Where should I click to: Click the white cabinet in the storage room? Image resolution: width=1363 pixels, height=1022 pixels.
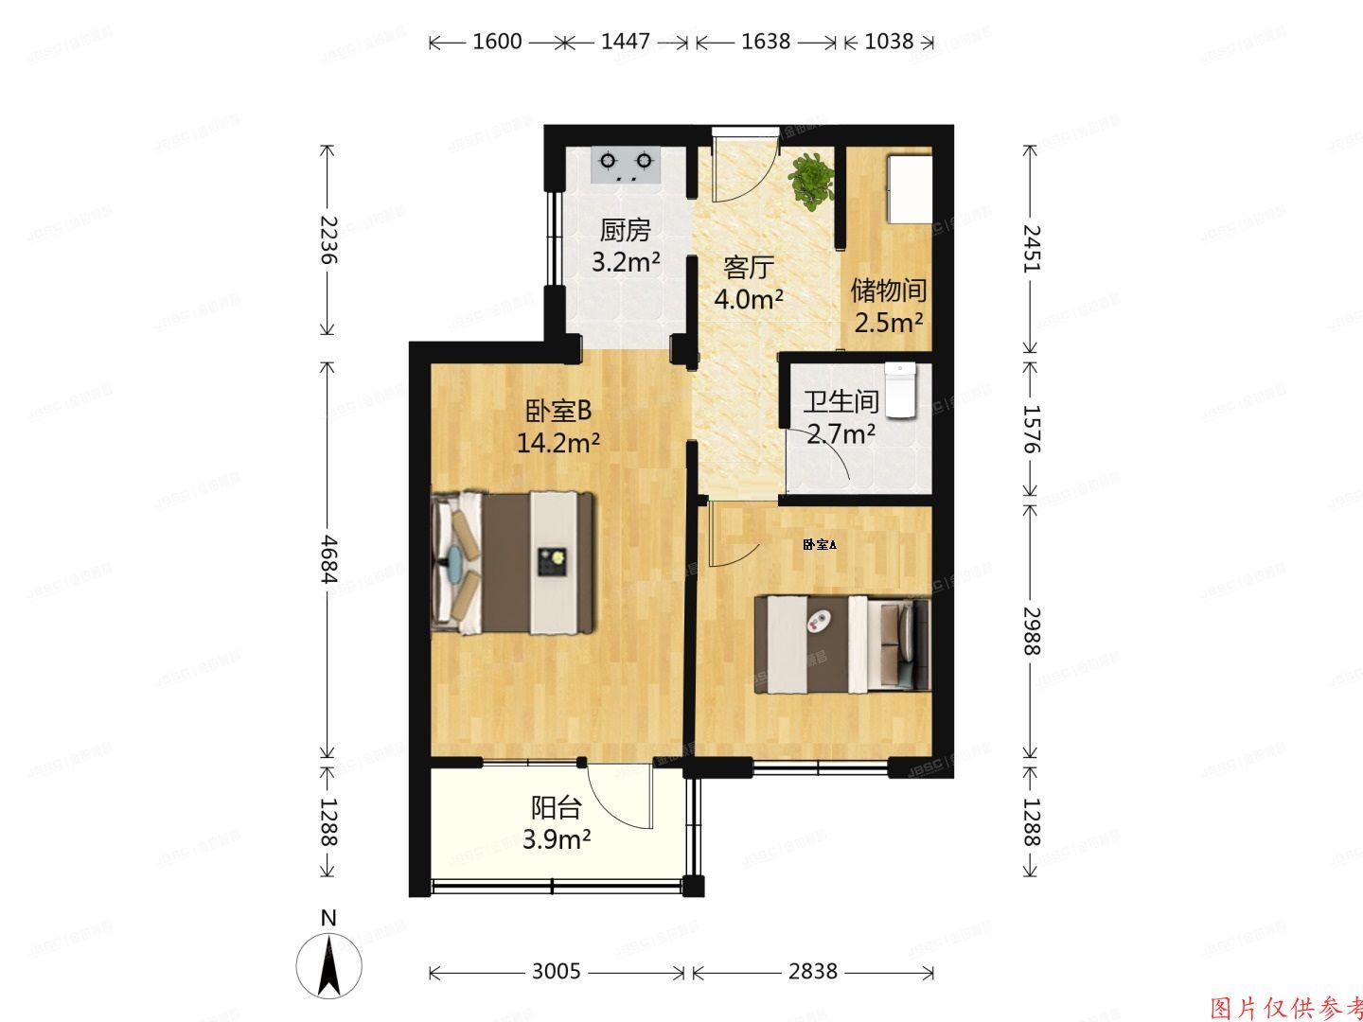(x=910, y=185)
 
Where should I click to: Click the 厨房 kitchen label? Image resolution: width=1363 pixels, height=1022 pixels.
(x=626, y=231)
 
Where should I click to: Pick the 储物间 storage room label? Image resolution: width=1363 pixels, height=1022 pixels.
(x=888, y=290)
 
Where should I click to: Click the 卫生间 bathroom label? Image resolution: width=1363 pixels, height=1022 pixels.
(x=841, y=402)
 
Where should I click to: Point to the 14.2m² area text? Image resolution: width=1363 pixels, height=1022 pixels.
(x=558, y=442)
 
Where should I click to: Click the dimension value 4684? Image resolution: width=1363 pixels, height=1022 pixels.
(x=327, y=560)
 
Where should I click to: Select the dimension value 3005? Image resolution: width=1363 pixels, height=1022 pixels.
(x=557, y=972)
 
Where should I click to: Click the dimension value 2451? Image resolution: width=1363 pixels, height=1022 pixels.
(x=1032, y=249)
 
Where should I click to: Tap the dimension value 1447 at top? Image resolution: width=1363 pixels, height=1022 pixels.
(x=626, y=42)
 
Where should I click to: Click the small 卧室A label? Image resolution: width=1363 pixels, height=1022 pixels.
(x=819, y=544)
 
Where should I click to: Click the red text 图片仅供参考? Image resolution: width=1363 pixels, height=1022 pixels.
(x=1286, y=1007)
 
